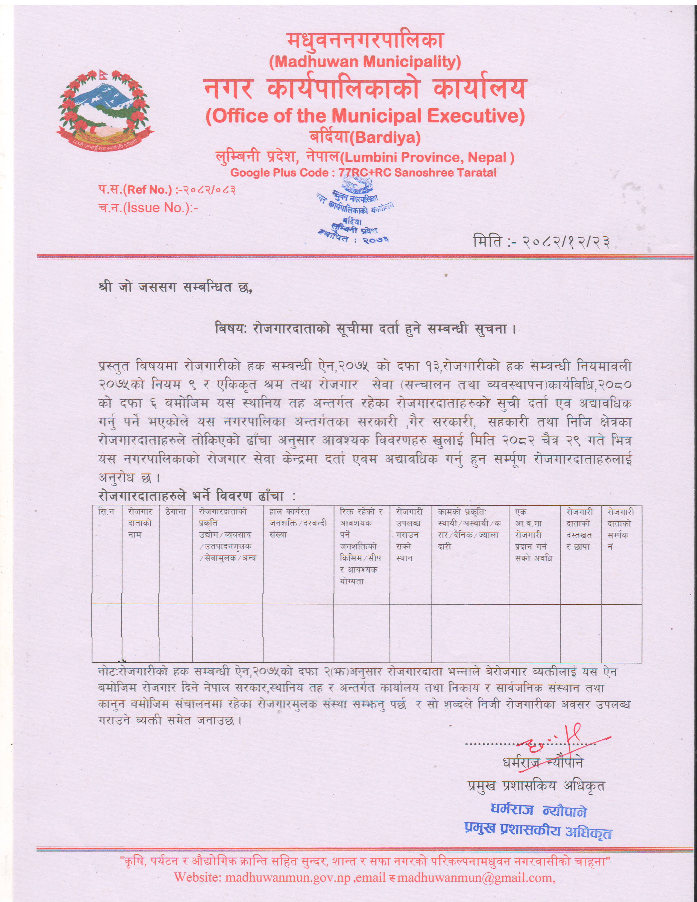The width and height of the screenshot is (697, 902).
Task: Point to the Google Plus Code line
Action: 363,173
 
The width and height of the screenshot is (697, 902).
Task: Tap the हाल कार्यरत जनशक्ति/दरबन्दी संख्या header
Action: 298,523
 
